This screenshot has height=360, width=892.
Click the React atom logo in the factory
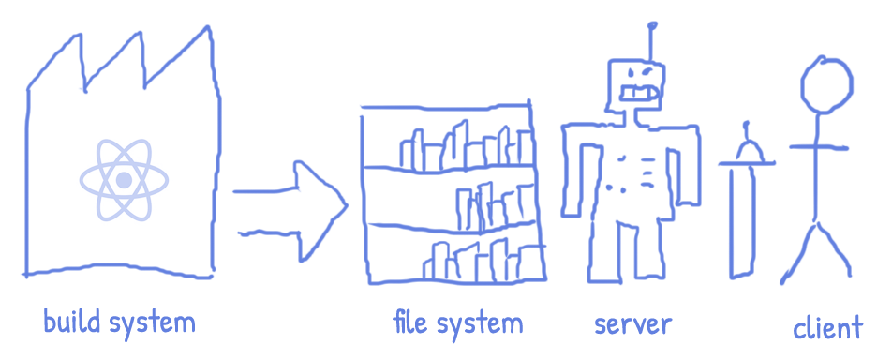pyautogui.click(x=123, y=179)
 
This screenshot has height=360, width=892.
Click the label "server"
pyautogui.click(x=632, y=325)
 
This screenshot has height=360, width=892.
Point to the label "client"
pyautogui.click(x=826, y=328)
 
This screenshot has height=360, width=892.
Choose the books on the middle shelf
pyautogui.click(x=492, y=205)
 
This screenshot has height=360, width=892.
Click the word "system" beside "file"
pyautogui.click(x=478, y=325)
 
